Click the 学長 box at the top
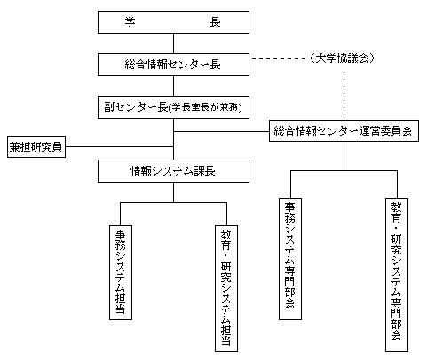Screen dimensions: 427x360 173,22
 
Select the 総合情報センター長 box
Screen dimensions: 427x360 173,65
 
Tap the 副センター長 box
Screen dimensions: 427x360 173,107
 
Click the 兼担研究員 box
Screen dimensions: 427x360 36,146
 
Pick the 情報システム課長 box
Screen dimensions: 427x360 173,171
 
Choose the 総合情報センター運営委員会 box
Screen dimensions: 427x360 344,130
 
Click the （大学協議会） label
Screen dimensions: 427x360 343,59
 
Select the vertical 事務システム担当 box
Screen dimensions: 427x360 121,272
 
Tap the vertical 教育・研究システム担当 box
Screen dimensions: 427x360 226,288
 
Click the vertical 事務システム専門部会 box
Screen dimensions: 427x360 290,259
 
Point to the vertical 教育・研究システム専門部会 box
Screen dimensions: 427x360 397,275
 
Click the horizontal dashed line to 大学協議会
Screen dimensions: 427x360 280,59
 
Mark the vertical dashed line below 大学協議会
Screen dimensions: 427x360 344,95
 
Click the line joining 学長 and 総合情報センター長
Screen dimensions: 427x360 173,43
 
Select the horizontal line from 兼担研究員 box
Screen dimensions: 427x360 119,146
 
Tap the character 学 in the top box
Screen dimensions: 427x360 130,22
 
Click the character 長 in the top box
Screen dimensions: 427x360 215,22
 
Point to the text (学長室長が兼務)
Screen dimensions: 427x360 205,107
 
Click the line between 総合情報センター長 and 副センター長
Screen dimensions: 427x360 173,86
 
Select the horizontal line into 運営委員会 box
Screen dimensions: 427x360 221,131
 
